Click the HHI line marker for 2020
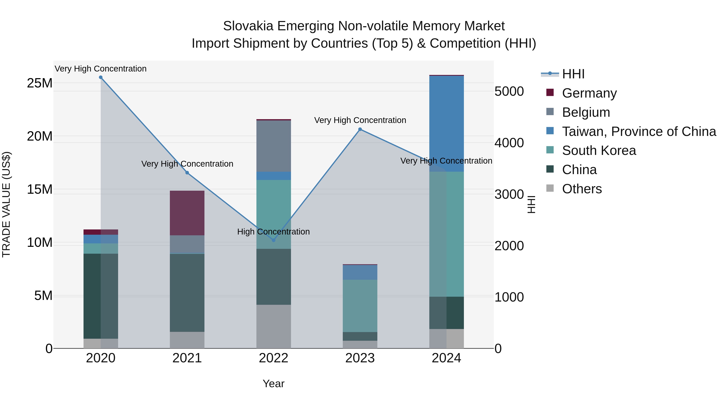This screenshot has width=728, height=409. point(101,77)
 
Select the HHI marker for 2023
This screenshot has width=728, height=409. point(360,129)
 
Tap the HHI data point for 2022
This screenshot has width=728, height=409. point(273,240)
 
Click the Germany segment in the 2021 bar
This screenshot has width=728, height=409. point(187,213)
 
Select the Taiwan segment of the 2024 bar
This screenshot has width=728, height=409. point(446,123)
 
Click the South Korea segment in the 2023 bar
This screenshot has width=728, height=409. point(360,306)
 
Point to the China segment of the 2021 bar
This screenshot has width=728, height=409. point(187,292)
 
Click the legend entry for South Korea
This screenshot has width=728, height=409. point(599,150)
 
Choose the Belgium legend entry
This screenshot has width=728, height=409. point(586,112)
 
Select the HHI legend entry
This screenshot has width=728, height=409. point(573,74)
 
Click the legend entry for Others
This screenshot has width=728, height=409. point(582,189)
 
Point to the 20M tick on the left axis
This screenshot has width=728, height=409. point(40,136)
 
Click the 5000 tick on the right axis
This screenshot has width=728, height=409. point(509,91)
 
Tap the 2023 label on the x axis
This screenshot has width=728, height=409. point(360,358)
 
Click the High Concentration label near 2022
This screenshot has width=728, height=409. point(273,232)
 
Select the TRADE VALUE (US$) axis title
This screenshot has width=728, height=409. point(6,204)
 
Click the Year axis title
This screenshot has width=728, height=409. point(273,384)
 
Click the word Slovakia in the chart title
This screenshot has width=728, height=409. point(248,26)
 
